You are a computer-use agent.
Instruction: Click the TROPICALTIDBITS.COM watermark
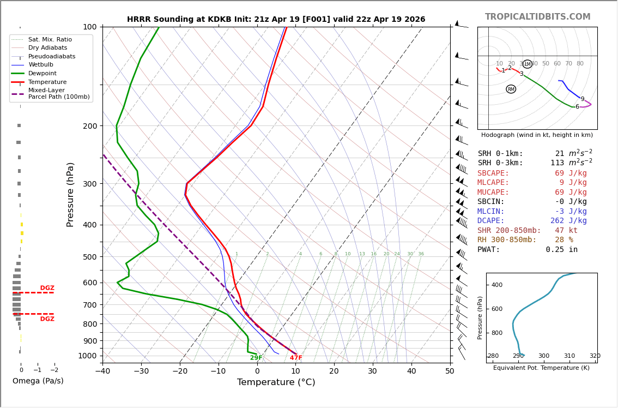click(x=537, y=17)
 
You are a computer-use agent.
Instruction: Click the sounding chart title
click(x=276, y=20)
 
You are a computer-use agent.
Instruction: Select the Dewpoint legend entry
click(x=42, y=74)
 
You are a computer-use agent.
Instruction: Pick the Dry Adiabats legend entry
click(x=47, y=48)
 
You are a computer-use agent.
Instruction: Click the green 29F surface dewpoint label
click(x=256, y=358)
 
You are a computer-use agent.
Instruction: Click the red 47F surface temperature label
click(x=296, y=358)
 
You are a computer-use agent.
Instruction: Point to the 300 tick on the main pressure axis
click(x=90, y=184)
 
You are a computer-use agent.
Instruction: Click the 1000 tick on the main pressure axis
click(x=88, y=356)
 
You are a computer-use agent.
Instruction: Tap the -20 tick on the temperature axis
click(x=180, y=371)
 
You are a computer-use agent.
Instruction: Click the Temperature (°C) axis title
click(x=276, y=382)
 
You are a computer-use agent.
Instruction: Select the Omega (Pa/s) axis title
click(x=38, y=381)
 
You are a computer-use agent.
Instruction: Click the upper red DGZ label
click(x=47, y=288)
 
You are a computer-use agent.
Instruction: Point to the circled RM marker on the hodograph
click(x=511, y=89)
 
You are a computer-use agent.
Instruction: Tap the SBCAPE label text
click(x=493, y=173)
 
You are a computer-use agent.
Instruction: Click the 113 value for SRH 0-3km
click(x=557, y=163)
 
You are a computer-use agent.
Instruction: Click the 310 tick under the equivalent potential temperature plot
click(x=569, y=356)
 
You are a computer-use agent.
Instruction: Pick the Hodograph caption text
click(x=537, y=135)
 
